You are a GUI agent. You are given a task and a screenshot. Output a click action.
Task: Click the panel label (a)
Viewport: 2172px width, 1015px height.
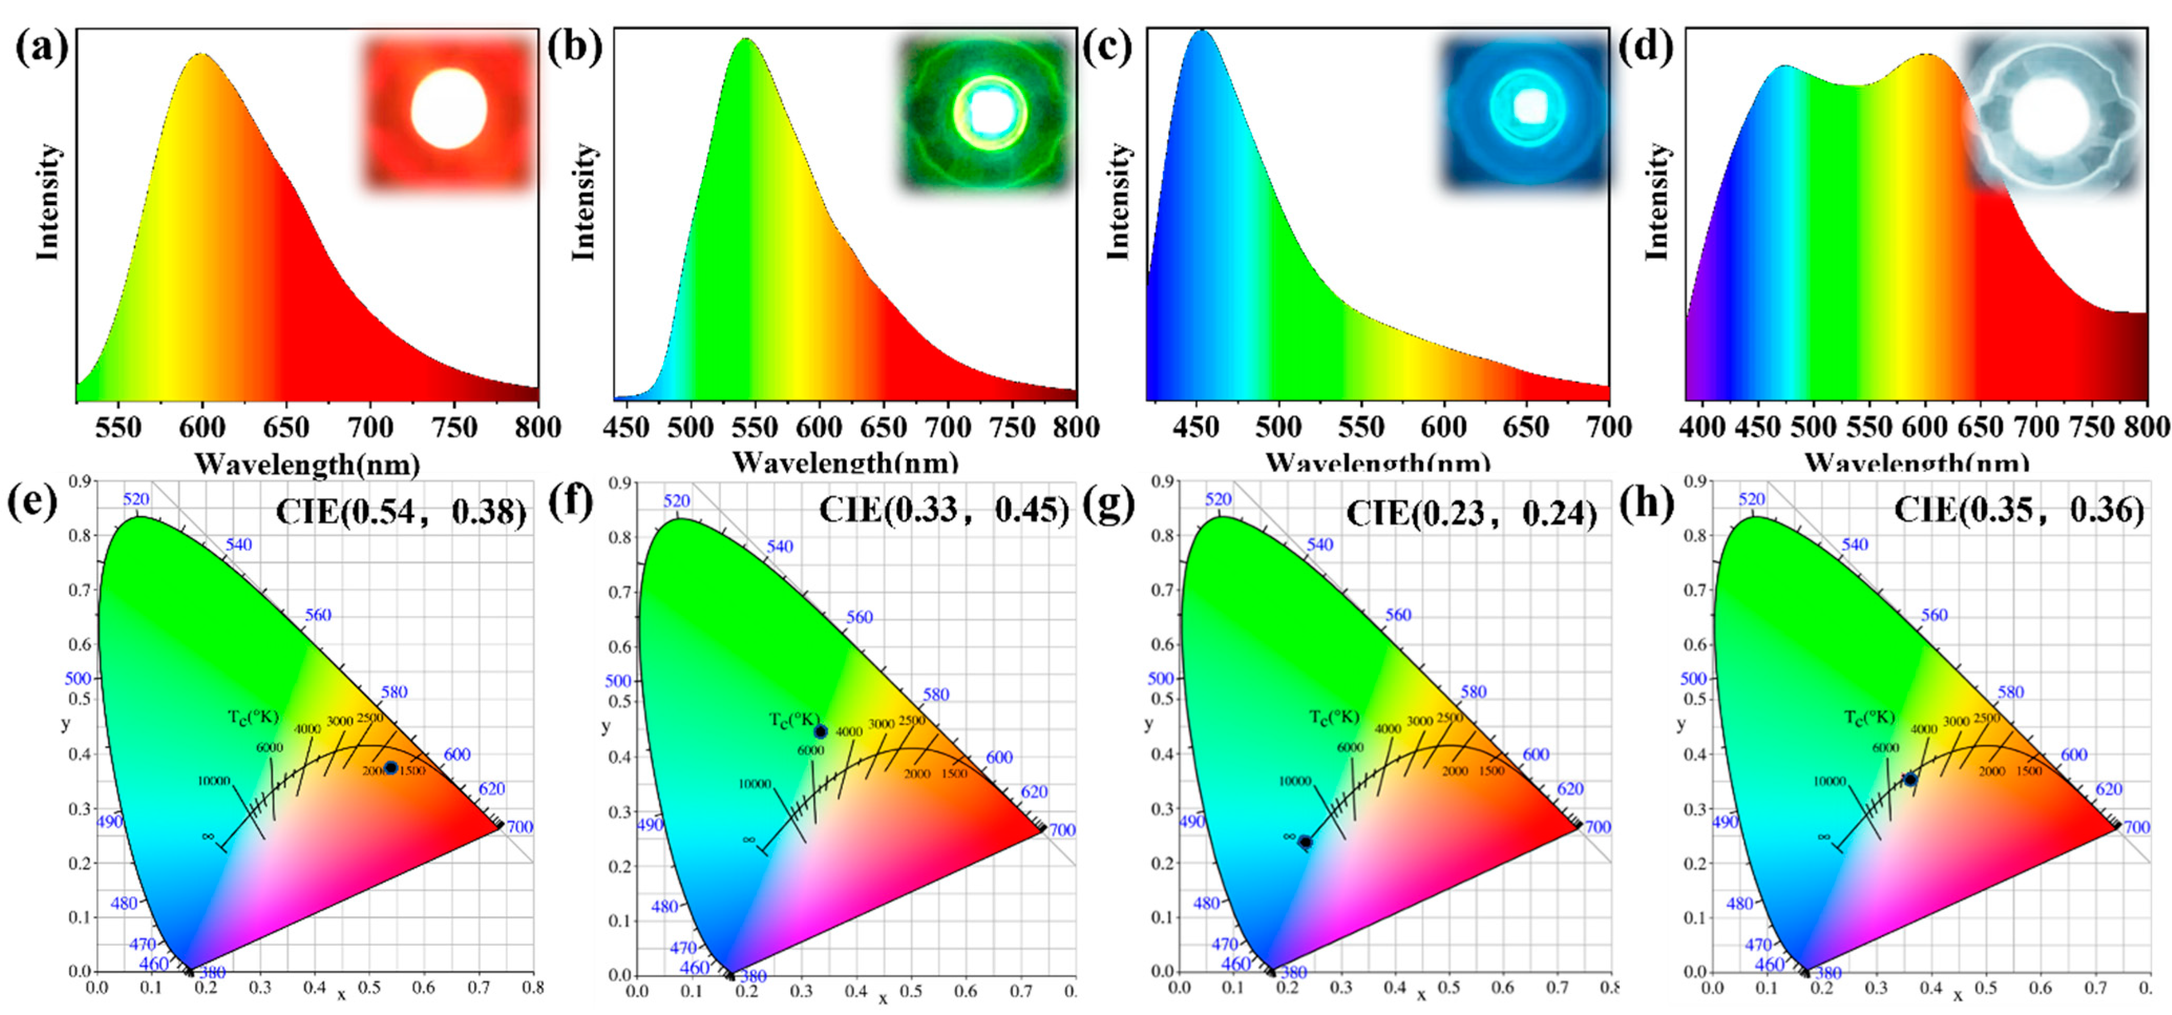coord(40,49)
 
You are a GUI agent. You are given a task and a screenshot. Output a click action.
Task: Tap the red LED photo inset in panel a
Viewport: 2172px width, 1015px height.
coord(449,110)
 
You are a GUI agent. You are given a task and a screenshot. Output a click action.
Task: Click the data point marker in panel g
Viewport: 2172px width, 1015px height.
coord(1305,841)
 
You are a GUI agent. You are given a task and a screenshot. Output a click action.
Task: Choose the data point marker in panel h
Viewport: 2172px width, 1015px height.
coord(1910,780)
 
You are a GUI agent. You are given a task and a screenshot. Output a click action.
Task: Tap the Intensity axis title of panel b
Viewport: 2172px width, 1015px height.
coord(584,202)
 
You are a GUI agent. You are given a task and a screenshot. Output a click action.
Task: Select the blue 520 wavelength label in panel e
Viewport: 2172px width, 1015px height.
coord(136,499)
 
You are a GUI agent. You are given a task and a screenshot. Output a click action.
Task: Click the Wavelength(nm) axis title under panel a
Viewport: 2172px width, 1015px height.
coord(307,464)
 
